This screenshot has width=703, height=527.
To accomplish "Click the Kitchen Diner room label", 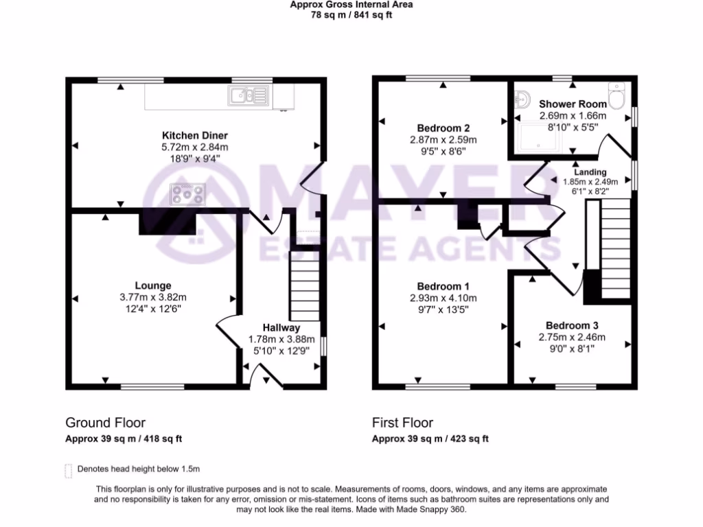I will pos(194,135).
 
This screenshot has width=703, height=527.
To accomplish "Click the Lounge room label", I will pos(152,285).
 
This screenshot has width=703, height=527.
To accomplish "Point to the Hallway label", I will pos(281,328).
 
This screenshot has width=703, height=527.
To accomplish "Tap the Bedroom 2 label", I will pos(443,128).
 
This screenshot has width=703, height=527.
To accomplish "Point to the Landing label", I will pos(590,172).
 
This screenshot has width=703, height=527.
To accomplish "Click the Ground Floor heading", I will pos(105,423).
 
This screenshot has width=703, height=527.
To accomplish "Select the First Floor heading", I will pos(402,423).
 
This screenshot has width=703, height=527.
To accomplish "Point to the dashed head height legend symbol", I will pos(68,470).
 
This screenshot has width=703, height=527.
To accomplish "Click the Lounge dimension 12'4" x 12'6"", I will pos(152,309).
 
